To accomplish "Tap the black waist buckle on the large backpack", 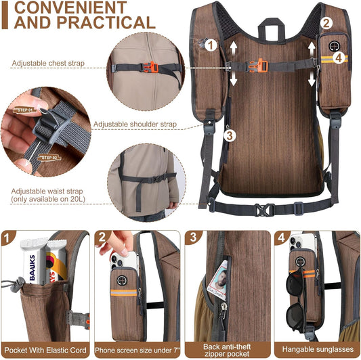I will pos(263,210).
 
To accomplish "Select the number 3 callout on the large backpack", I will pos(230,135).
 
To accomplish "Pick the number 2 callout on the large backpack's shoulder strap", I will pos(326,22).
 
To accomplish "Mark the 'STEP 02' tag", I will pos(51,157).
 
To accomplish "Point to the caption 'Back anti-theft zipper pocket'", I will pos(226,349).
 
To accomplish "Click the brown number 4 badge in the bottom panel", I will pos(282,238).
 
